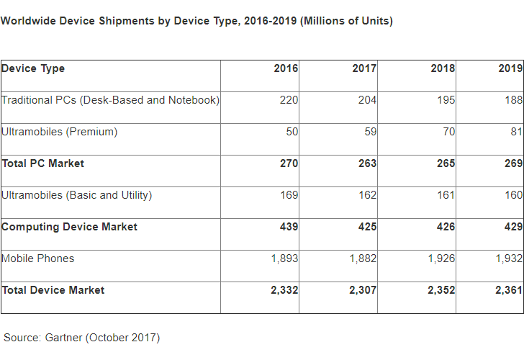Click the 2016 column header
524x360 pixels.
click(x=286, y=68)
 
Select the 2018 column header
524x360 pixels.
click(x=443, y=68)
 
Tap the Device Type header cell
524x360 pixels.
click(x=33, y=68)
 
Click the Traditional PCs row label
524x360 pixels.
click(x=110, y=100)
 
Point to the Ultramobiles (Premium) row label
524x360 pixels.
click(x=59, y=132)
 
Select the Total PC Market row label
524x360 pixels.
click(x=42, y=163)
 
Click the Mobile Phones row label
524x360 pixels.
click(x=37, y=258)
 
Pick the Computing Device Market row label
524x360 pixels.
click(x=69, y=227)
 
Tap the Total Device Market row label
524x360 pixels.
click(x=53, y=290)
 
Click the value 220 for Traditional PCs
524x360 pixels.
click(x=289, y=100)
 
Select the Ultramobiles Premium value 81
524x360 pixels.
click(x=513, y=132)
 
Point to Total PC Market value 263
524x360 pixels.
click(x=367, y=163)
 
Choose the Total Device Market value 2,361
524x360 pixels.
click(x=508, y=290)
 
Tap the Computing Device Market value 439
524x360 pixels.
click(x=289, y=227)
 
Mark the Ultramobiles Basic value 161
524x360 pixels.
click(x=446, y=195)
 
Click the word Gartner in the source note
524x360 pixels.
click(x=65, y=337)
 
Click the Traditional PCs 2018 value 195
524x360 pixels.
click(x=446, y=100)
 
